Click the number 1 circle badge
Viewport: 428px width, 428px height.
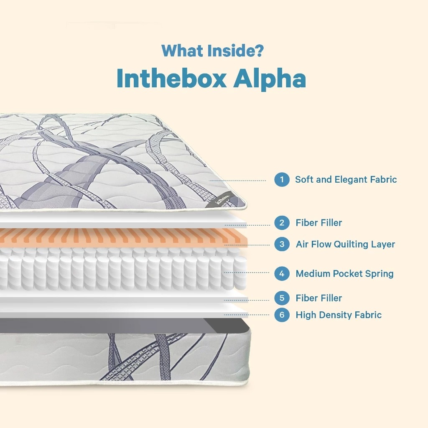tap(282, 180)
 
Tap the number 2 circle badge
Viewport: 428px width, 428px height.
tap(282, 223)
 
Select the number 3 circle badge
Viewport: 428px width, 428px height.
tap(282, 244)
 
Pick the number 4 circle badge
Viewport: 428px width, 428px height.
tap(282, 274)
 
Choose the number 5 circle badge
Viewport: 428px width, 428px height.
tap(282, 298)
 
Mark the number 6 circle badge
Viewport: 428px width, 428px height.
tap(282, 315)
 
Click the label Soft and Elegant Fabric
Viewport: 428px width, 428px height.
tap(346, 180)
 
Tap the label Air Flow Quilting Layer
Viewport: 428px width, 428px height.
tap(345, 244)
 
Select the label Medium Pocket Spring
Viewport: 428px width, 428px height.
tap(344, 274)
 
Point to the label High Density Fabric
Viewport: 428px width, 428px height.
tap(339, 315)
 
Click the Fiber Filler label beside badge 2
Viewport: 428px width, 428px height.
tap(318, 223)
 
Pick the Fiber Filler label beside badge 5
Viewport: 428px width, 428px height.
tap(318, 298)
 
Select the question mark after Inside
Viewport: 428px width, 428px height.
tap(259, 51)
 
